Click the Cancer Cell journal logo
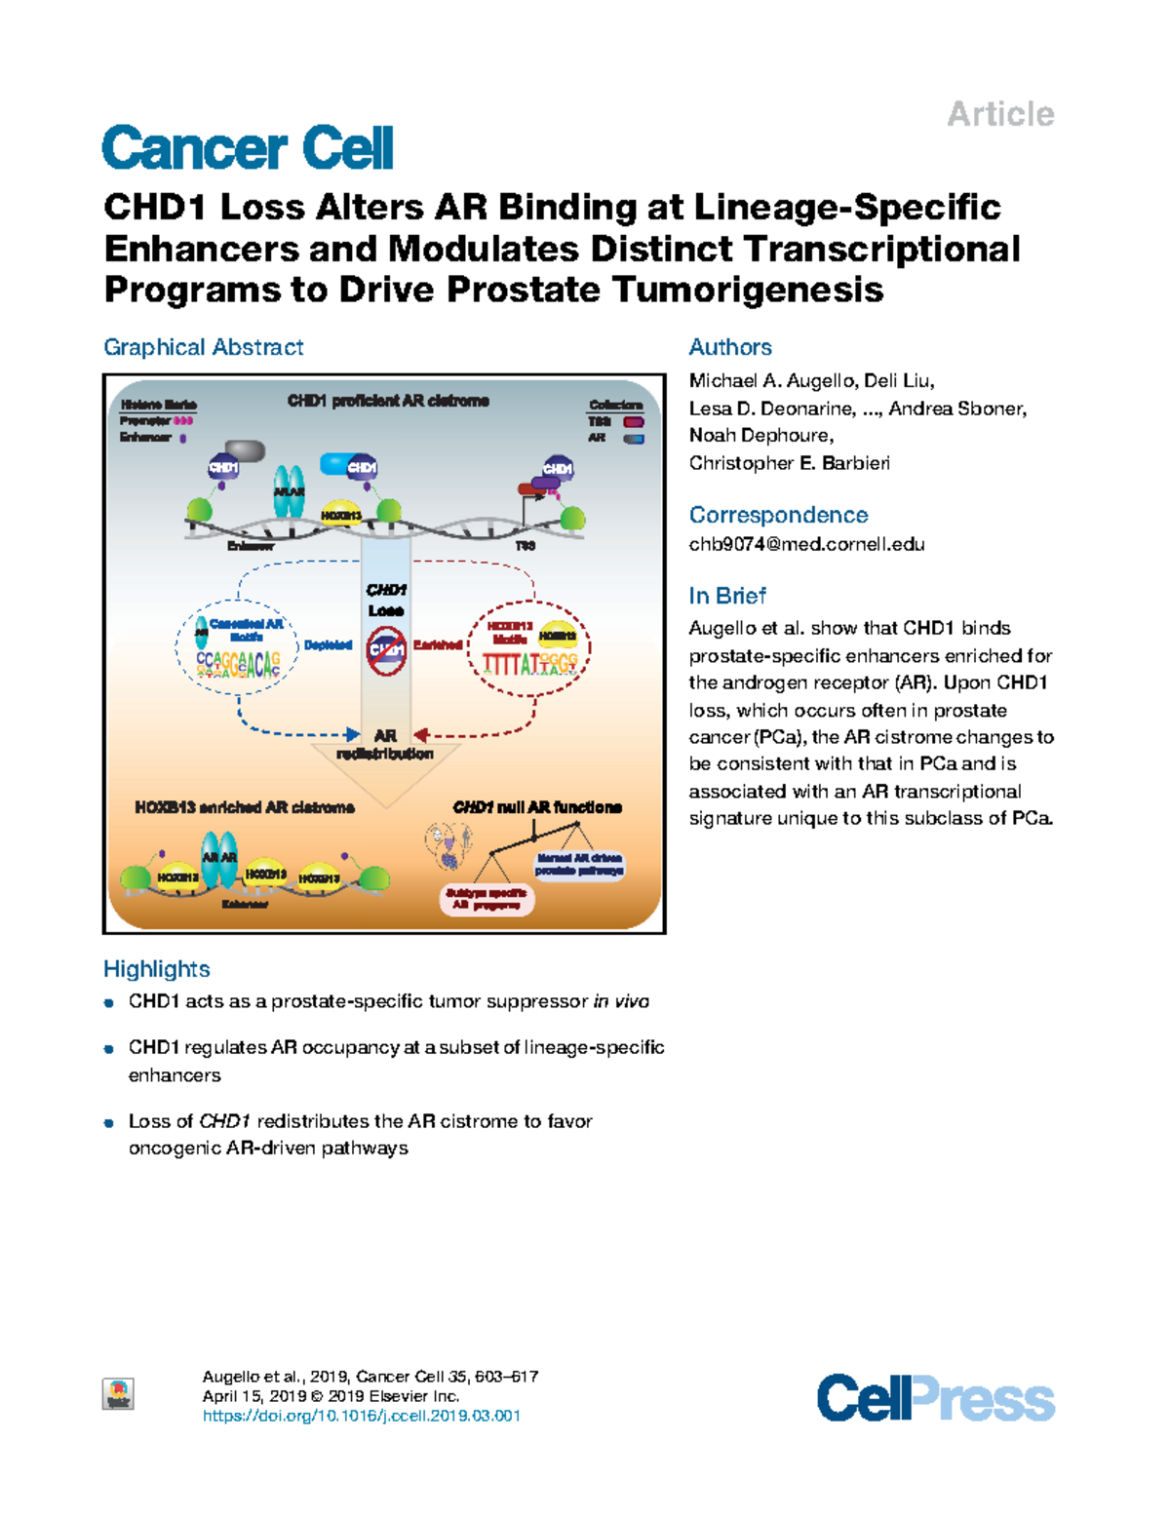(248, 148)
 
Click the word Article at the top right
(1000, 114)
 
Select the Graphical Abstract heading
(203, 347)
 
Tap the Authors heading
(730, 347)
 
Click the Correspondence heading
(778, 515)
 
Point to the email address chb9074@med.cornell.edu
(806, 544)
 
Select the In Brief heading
(727, 596)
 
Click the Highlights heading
(157, 969)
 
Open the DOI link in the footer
(361, 1416)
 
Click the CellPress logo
(935, 1398)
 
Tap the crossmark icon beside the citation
(119, 1394)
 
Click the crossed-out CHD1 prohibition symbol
(386, 649)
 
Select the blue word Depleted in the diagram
(328, 644)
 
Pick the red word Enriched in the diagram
(437, 644)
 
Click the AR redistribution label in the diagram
(385, 745)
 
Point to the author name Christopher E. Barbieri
(789, 463)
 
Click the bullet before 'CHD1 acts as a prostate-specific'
(110, 1002)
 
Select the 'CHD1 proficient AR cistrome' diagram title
(388, 401)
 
